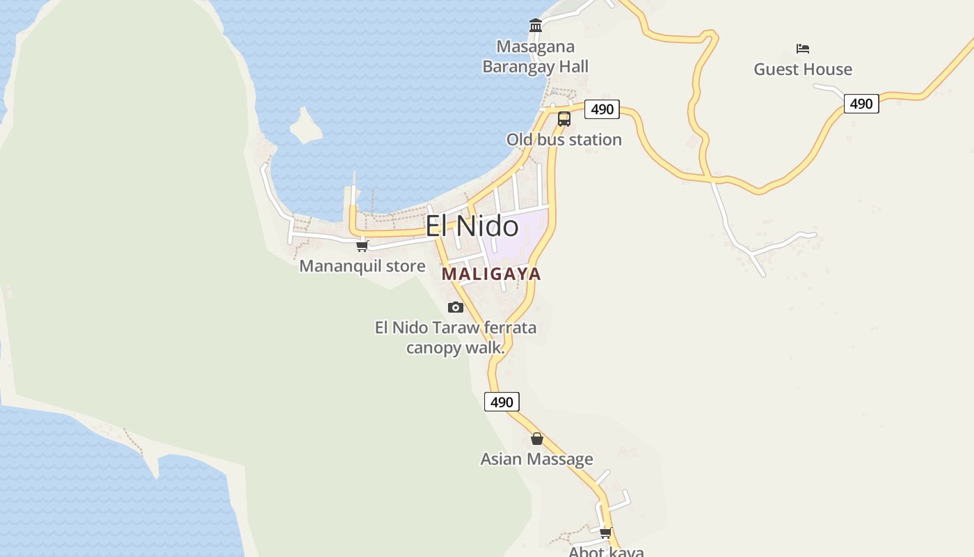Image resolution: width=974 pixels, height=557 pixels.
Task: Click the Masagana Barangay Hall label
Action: [535, 57]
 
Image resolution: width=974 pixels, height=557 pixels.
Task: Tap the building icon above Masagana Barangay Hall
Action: [536, 26]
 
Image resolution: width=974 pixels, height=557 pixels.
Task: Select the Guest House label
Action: [803, 70]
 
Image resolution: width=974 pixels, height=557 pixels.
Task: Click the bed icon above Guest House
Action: [803, 49]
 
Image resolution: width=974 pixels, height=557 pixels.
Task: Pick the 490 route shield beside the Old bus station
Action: [602, 109]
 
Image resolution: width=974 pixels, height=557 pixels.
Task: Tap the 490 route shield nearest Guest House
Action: [861, 104]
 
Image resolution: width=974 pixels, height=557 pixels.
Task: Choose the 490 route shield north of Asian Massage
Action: [502, 402]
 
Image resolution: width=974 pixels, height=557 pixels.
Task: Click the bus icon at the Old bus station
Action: [564, 119]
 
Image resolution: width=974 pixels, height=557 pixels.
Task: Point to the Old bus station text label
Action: [564, 140]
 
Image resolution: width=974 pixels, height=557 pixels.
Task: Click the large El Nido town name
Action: [472, 226]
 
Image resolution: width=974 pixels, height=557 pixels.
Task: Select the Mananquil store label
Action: [362, 266]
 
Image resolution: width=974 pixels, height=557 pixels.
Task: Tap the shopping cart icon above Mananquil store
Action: [362, 246]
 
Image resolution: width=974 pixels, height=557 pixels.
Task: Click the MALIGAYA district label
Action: [491, 274]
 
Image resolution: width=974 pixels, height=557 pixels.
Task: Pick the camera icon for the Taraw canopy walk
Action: [456, 307]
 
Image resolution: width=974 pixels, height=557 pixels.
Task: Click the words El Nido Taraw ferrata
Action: [456, 327]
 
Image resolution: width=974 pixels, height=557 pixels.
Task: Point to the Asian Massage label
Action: [536, 460]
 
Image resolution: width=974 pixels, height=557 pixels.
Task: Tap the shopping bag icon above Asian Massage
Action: [536, 439]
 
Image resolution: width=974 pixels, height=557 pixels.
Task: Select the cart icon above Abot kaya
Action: [605, 533]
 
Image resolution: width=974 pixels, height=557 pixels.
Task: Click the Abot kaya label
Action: [606, 551]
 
